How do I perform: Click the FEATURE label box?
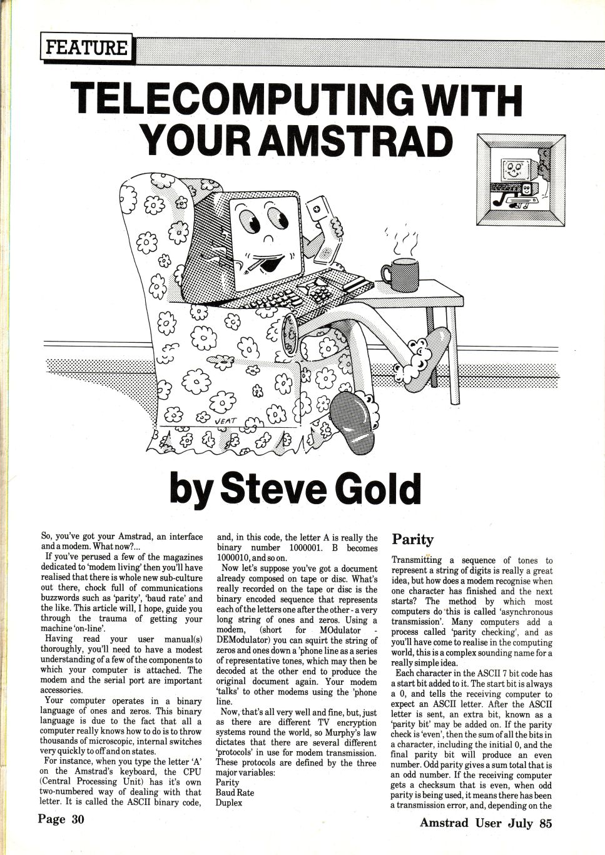(86, 48)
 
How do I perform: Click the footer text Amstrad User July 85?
(486, 822)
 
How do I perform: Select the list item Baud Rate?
(235, 792)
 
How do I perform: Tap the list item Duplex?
(229, 802)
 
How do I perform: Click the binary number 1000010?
(240, 558)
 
